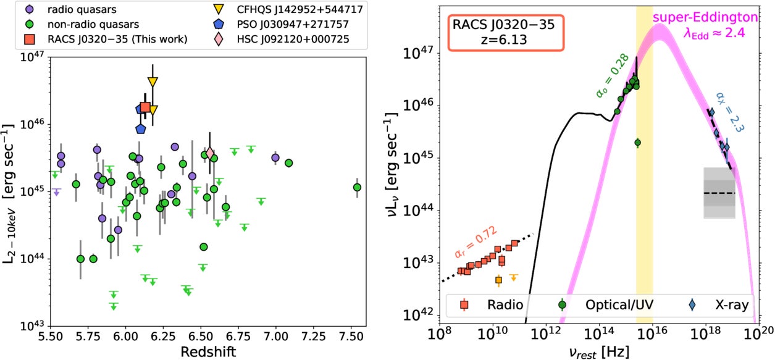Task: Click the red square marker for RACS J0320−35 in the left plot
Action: coord(145,107)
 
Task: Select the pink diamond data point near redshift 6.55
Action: coord(210,153)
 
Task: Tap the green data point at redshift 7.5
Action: coord(357,187)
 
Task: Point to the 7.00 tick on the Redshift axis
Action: coord(275,338)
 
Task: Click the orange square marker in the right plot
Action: coord(499,280)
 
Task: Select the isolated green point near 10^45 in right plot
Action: coord(638,143)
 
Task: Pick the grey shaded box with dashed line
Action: coord(719,193)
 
